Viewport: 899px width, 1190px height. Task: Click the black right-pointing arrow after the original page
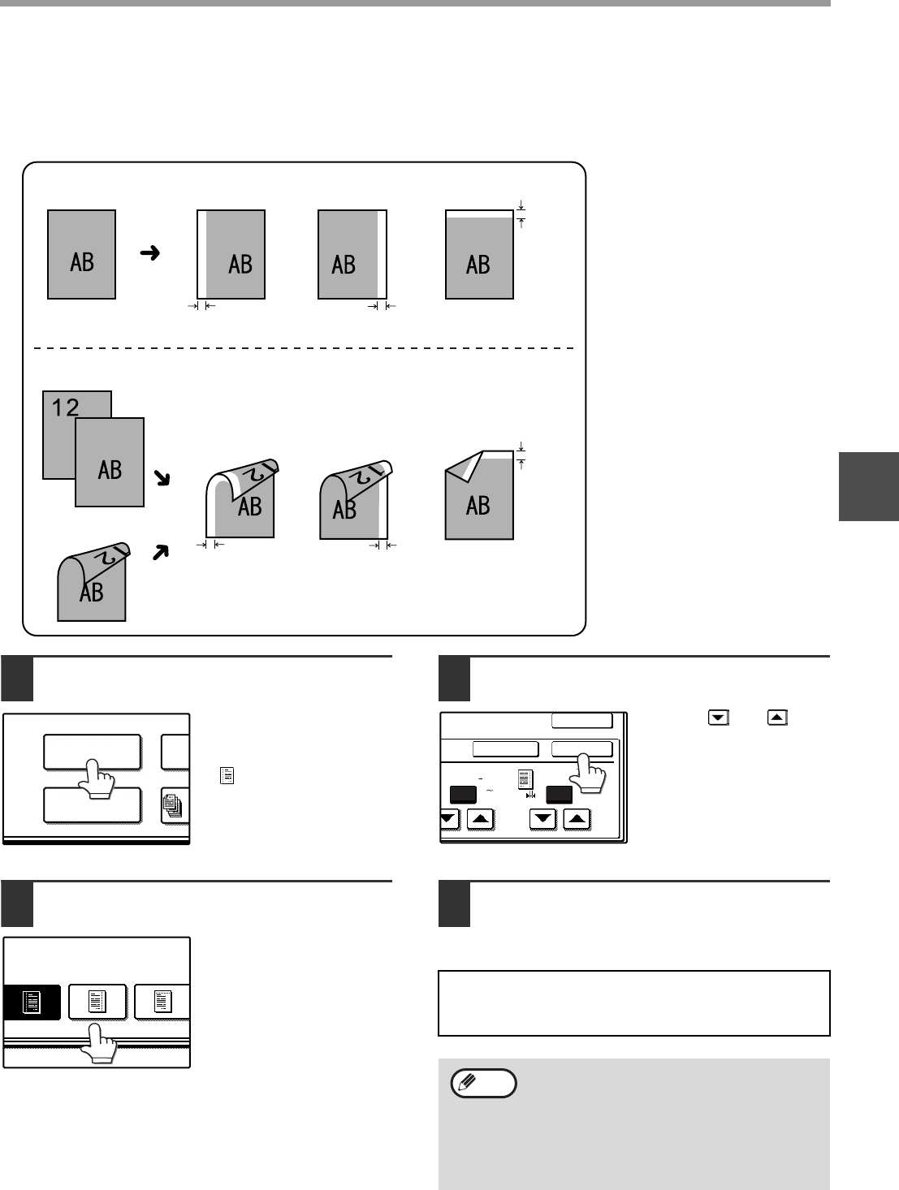click(x=149, y=254)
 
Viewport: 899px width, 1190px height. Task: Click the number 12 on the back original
click(x=66, y=407)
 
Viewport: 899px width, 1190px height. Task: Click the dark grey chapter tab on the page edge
click(x=869, y=485)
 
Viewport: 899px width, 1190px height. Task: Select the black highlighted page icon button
click(x=32, y=1003)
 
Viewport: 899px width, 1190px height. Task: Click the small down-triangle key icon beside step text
click(x=718, y=718)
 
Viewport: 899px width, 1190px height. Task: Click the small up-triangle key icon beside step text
click(x=777, y=718)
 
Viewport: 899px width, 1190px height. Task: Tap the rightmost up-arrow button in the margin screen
click(x=577, y=820)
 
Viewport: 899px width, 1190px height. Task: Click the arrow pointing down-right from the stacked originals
click(x=163, y=479)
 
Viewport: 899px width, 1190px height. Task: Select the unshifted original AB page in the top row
click(x=81, y=255)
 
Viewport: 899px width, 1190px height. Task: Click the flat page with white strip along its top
click(x=479, y=255)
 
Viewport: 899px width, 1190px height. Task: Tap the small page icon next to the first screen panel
click(x=223, y=776)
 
